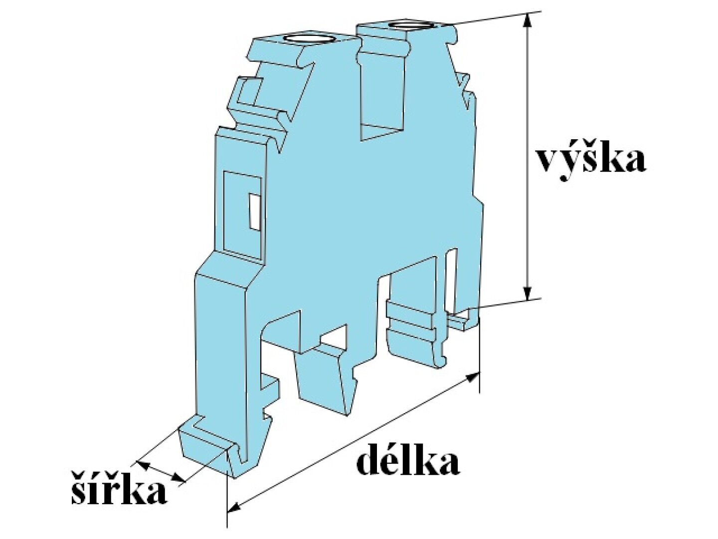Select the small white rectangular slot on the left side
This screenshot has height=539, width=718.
[x=254, y=211]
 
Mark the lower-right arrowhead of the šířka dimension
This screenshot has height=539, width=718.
[x=179, y=478]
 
